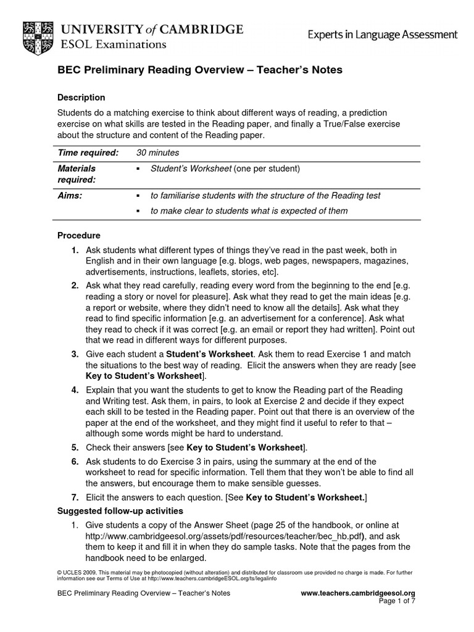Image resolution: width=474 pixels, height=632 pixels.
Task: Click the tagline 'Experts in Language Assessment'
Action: tap(383, 35)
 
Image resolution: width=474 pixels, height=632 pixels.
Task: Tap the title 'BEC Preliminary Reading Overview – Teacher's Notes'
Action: tap(199, 70)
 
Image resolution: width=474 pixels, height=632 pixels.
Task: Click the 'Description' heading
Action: tap(81, 98)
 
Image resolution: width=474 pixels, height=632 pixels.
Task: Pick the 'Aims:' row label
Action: tap(70, 196)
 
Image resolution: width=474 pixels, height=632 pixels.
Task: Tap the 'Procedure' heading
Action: tap(78, 235)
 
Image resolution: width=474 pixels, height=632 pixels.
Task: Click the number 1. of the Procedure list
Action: tap(75, 250)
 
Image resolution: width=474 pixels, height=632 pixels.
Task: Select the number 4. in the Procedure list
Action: tap(75, 391)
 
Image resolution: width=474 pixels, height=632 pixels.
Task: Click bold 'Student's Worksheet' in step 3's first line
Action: tap(210, 354)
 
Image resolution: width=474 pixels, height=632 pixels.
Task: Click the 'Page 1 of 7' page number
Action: tap(397, 601)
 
